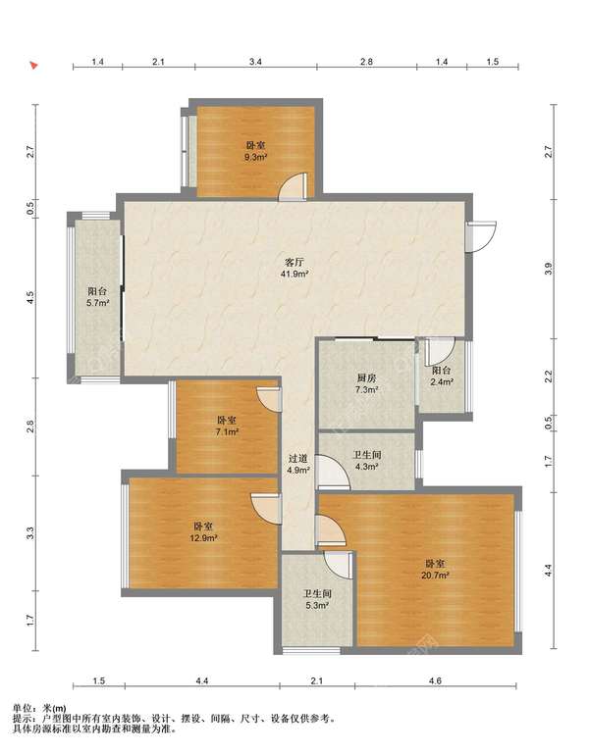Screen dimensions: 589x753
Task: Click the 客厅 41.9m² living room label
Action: (294, 268)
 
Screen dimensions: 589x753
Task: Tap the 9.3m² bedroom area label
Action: (255, 151)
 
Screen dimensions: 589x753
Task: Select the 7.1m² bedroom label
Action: (227, 426)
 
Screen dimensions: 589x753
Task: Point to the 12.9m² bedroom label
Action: (203, 532)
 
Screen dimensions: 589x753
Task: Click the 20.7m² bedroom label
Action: (435, 569)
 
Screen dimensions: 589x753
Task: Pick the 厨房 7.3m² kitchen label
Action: (366, 383)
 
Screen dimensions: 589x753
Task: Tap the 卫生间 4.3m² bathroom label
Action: (367, 460)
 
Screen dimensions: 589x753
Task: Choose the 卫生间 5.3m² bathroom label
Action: (317, 599)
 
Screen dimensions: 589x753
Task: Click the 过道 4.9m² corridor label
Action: (298, 465)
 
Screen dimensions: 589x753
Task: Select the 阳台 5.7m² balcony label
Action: (97, 297)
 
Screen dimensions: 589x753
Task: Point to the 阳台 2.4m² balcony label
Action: (442, 376)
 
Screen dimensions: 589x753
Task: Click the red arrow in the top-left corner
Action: (33, 66)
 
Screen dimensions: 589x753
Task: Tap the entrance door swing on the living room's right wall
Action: (481, 236)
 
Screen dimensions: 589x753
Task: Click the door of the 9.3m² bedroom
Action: (293, 187)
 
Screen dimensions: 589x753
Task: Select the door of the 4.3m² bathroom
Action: (333, 473)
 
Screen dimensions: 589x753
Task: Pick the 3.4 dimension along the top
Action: (255, 62)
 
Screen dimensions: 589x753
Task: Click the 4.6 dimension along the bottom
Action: (435, 680)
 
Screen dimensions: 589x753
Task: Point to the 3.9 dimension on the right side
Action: (549, 269)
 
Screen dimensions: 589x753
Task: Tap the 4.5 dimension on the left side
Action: (30, 298)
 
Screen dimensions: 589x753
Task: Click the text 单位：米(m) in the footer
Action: (39, 708)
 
